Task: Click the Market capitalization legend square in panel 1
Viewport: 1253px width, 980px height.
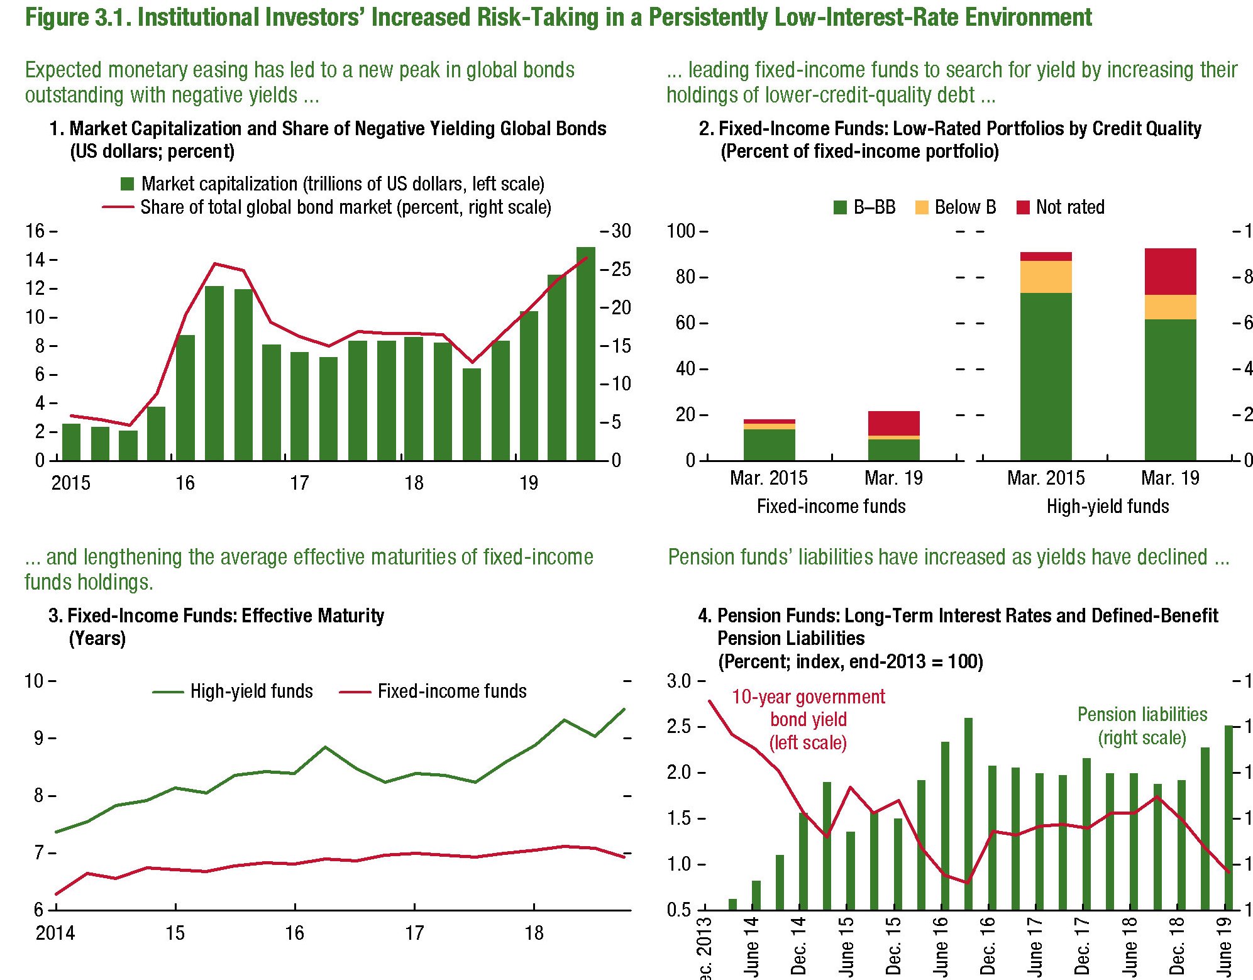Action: click(x=128, y=184)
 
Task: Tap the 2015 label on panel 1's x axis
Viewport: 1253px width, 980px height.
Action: click(x=70, y=483)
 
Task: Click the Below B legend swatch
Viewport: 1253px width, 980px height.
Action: click(x=922, y=207)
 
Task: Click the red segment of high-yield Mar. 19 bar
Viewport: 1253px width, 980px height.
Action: click(x=1170, y=272)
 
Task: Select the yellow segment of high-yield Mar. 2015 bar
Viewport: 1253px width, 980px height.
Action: click(x=1046, y=277)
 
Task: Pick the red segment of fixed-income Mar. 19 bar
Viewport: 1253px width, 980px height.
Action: click(x=893, y=423)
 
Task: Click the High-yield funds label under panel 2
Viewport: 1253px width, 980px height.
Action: click(x=1107, y=507)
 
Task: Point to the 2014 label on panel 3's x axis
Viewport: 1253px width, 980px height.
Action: click(x=55, y=933)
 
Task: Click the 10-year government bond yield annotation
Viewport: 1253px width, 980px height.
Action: click(x=808, y=719)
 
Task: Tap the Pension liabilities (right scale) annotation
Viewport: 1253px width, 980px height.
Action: click(x=1142, y=725)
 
